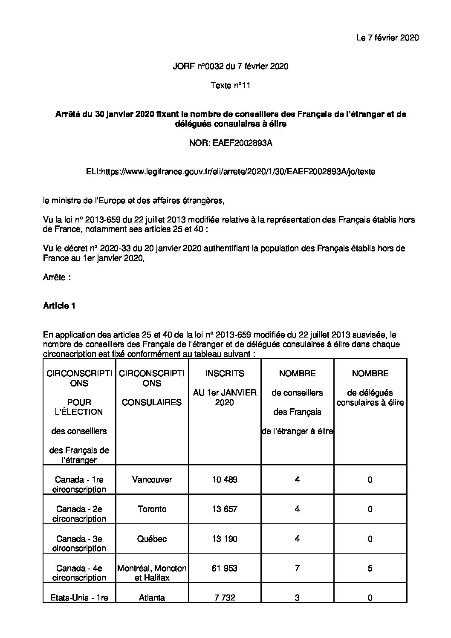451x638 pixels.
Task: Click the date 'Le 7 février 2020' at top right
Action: tap(387, 38)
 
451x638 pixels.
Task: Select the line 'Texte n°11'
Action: tap(230, 86)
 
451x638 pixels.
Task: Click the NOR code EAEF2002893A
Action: tap(230, 143)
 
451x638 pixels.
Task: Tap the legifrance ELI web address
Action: tap(231, 172)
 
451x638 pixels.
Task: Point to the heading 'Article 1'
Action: tap(59, 306)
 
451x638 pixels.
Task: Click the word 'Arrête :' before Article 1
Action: tap(57, 277)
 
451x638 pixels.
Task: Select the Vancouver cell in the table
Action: tap(152, 480)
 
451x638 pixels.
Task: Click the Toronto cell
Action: tap(152, 509)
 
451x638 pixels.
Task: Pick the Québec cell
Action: tap(152, 539)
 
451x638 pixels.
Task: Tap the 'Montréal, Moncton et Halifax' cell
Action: tap(152, 573)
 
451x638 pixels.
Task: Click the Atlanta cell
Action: tap(152, 598)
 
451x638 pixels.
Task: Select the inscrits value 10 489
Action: tap(225, 480)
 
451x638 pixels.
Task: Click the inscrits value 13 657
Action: tap(225, 509)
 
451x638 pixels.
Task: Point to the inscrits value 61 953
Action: tap(225, 568)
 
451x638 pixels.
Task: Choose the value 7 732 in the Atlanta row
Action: tap(225, 598)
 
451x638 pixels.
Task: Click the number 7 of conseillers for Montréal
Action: tap(297, 568)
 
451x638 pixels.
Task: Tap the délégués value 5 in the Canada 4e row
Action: tap(370, 568)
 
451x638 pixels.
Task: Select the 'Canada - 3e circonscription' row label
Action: tap(79, 543)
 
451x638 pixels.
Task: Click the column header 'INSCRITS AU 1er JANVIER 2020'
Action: tap(225, 388)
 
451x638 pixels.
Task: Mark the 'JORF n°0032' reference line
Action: tap(230, 66)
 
